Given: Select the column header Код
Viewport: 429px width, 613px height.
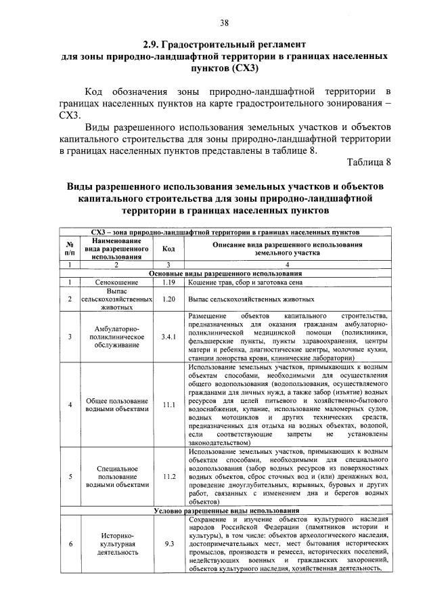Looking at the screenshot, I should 168,249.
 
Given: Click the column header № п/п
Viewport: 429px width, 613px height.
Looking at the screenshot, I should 69,249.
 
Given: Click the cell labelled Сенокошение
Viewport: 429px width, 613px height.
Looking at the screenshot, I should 112,281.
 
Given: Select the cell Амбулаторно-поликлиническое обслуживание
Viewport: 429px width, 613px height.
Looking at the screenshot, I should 112,336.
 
